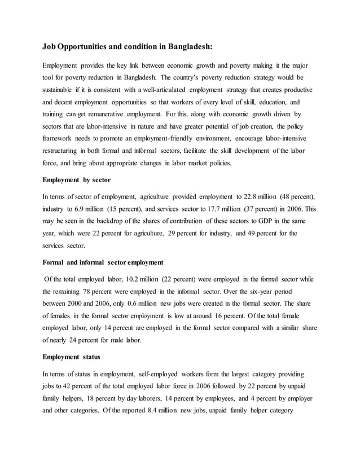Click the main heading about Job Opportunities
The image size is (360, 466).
pos(128,47)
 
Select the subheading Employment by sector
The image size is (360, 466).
pos(77,180)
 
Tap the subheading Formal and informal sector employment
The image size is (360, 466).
pos(103,263)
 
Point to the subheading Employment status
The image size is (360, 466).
pos(71,357)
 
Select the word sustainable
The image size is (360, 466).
pos(64,90)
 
